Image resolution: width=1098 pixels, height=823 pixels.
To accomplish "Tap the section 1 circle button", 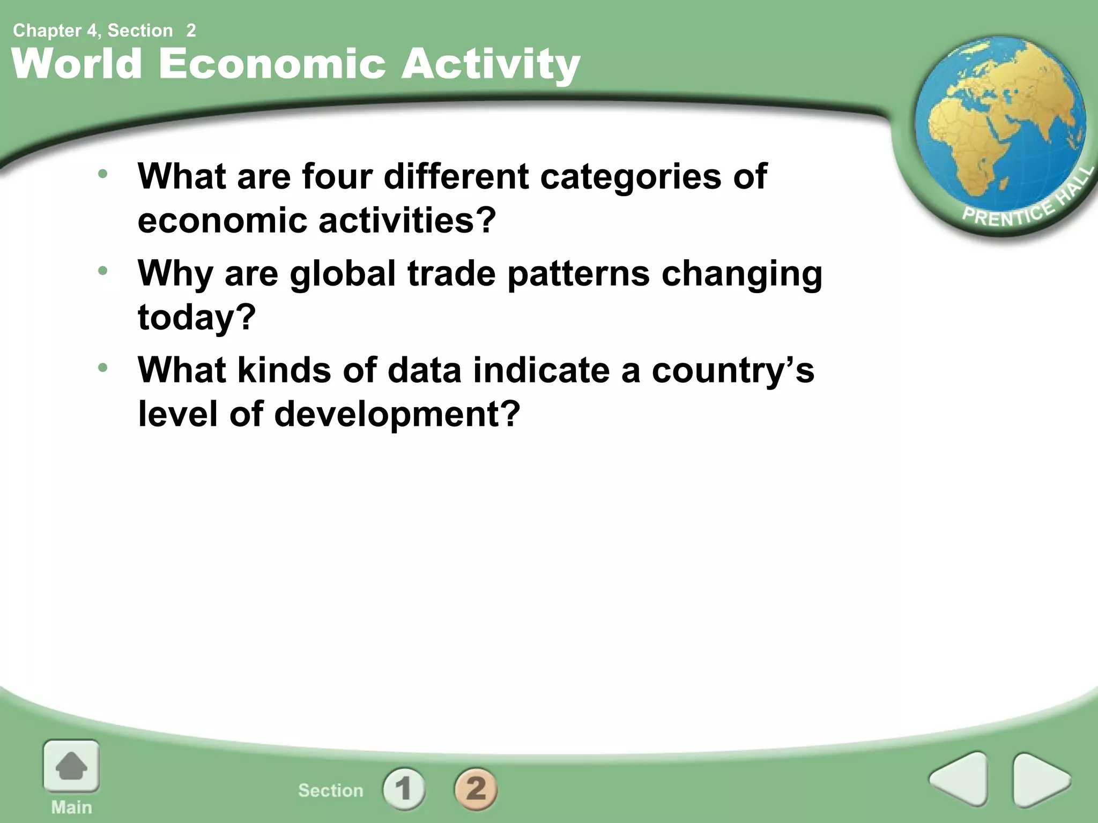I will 404,789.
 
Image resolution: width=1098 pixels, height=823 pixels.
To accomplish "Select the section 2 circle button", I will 476,789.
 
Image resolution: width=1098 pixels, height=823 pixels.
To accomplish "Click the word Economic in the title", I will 272,64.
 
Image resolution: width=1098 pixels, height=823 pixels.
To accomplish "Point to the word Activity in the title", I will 491,65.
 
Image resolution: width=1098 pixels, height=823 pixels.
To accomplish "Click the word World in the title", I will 77,64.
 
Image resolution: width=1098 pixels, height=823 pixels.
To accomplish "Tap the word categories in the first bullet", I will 630,177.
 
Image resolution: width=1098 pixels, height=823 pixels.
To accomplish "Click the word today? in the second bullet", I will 197,317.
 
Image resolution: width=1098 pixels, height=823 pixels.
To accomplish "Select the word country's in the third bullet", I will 733,370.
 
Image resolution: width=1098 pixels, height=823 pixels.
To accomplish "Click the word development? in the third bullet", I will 397,414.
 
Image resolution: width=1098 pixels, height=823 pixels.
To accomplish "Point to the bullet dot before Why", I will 103,271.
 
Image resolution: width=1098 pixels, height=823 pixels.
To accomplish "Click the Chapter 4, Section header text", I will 93,31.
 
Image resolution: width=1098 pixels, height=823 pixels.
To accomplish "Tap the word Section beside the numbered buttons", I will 331,790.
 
